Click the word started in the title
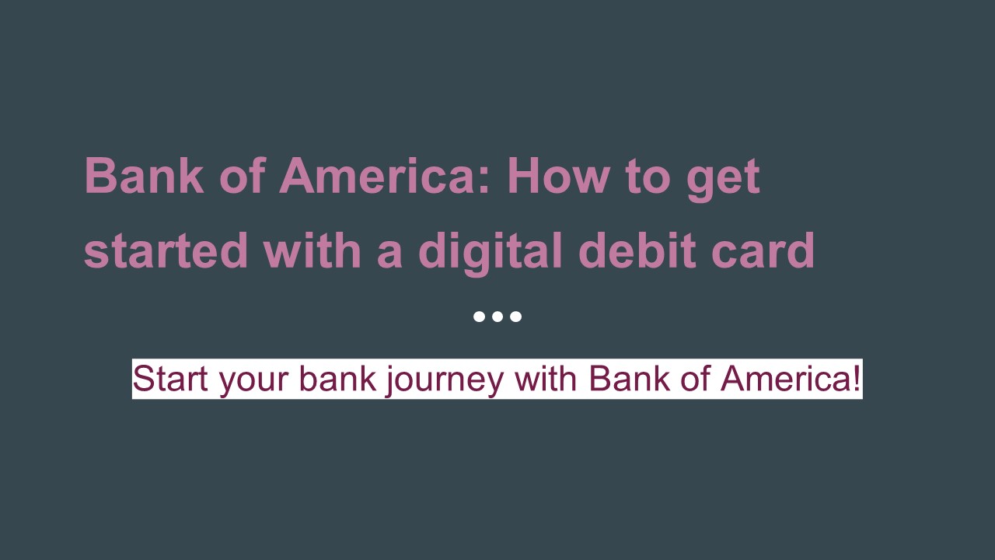pyautogui.click(x=166, y=250)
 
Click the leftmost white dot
pyautogui.click(x=480, y=317)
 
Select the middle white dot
pyautogui.click(x=497, y=317)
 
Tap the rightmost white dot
pyautogui.click(x=515, y=317)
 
